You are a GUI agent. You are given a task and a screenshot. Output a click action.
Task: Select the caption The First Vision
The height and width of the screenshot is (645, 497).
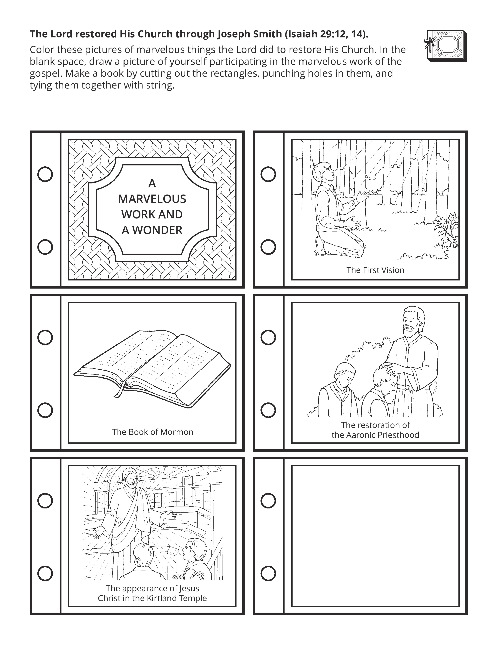pos(375,270)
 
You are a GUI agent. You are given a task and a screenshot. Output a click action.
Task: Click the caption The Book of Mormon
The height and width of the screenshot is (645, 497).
pos(152,432)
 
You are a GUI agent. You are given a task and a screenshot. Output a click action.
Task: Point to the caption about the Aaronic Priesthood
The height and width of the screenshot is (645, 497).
pos(375,430)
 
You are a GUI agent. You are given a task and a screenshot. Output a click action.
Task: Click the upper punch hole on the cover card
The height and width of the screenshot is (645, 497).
pos(45,174)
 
